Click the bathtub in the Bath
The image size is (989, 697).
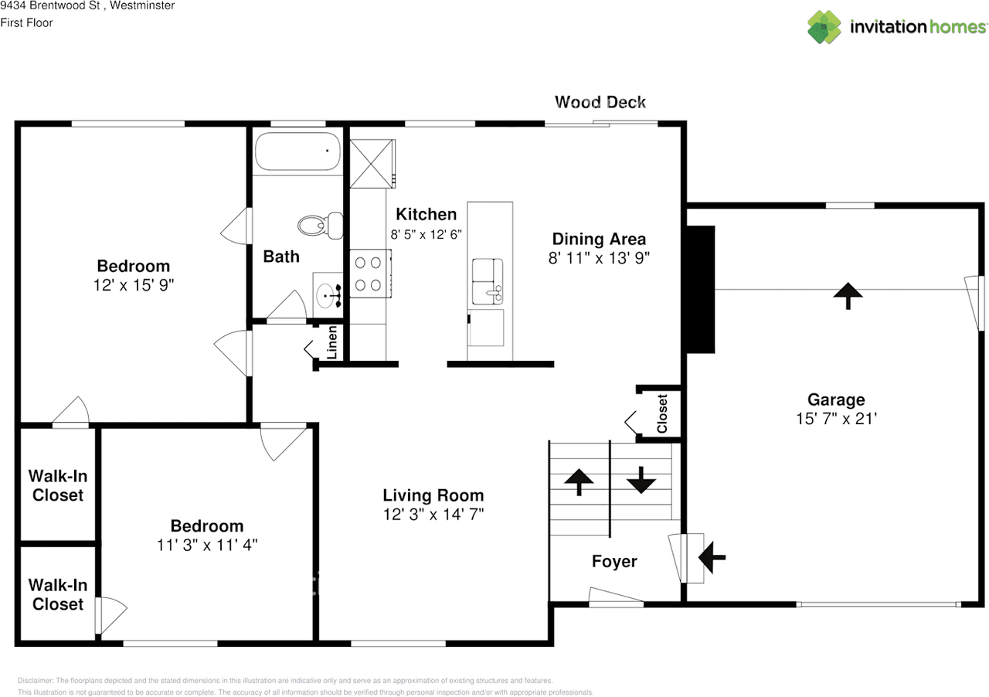coord(298,151)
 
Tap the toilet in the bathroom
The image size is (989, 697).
coord(321,226)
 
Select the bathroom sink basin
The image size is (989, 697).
coord(326,294)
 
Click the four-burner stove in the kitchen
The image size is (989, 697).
coord(370,274)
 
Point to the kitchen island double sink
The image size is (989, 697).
coord(488,281)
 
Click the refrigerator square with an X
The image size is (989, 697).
coord(372,163)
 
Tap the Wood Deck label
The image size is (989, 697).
coord(600,102)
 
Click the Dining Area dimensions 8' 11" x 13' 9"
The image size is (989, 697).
coord(599,258)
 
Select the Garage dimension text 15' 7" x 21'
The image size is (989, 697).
coord(836,419)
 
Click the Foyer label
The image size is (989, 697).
coord(614,561)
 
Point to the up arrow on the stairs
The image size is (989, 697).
coord(579,482)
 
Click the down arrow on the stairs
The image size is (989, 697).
coord(641,480)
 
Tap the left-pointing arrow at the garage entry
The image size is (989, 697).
coord(712,558)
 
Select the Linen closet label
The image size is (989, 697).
coord(332,342)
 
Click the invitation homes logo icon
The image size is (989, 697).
coord(824,27)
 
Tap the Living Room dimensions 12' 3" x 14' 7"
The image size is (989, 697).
coord(433,515)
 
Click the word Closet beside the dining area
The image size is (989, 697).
coord(662,413)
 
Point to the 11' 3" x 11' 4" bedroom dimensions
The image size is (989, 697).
coord(207,545)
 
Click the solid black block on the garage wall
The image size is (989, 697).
coord(701,289)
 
